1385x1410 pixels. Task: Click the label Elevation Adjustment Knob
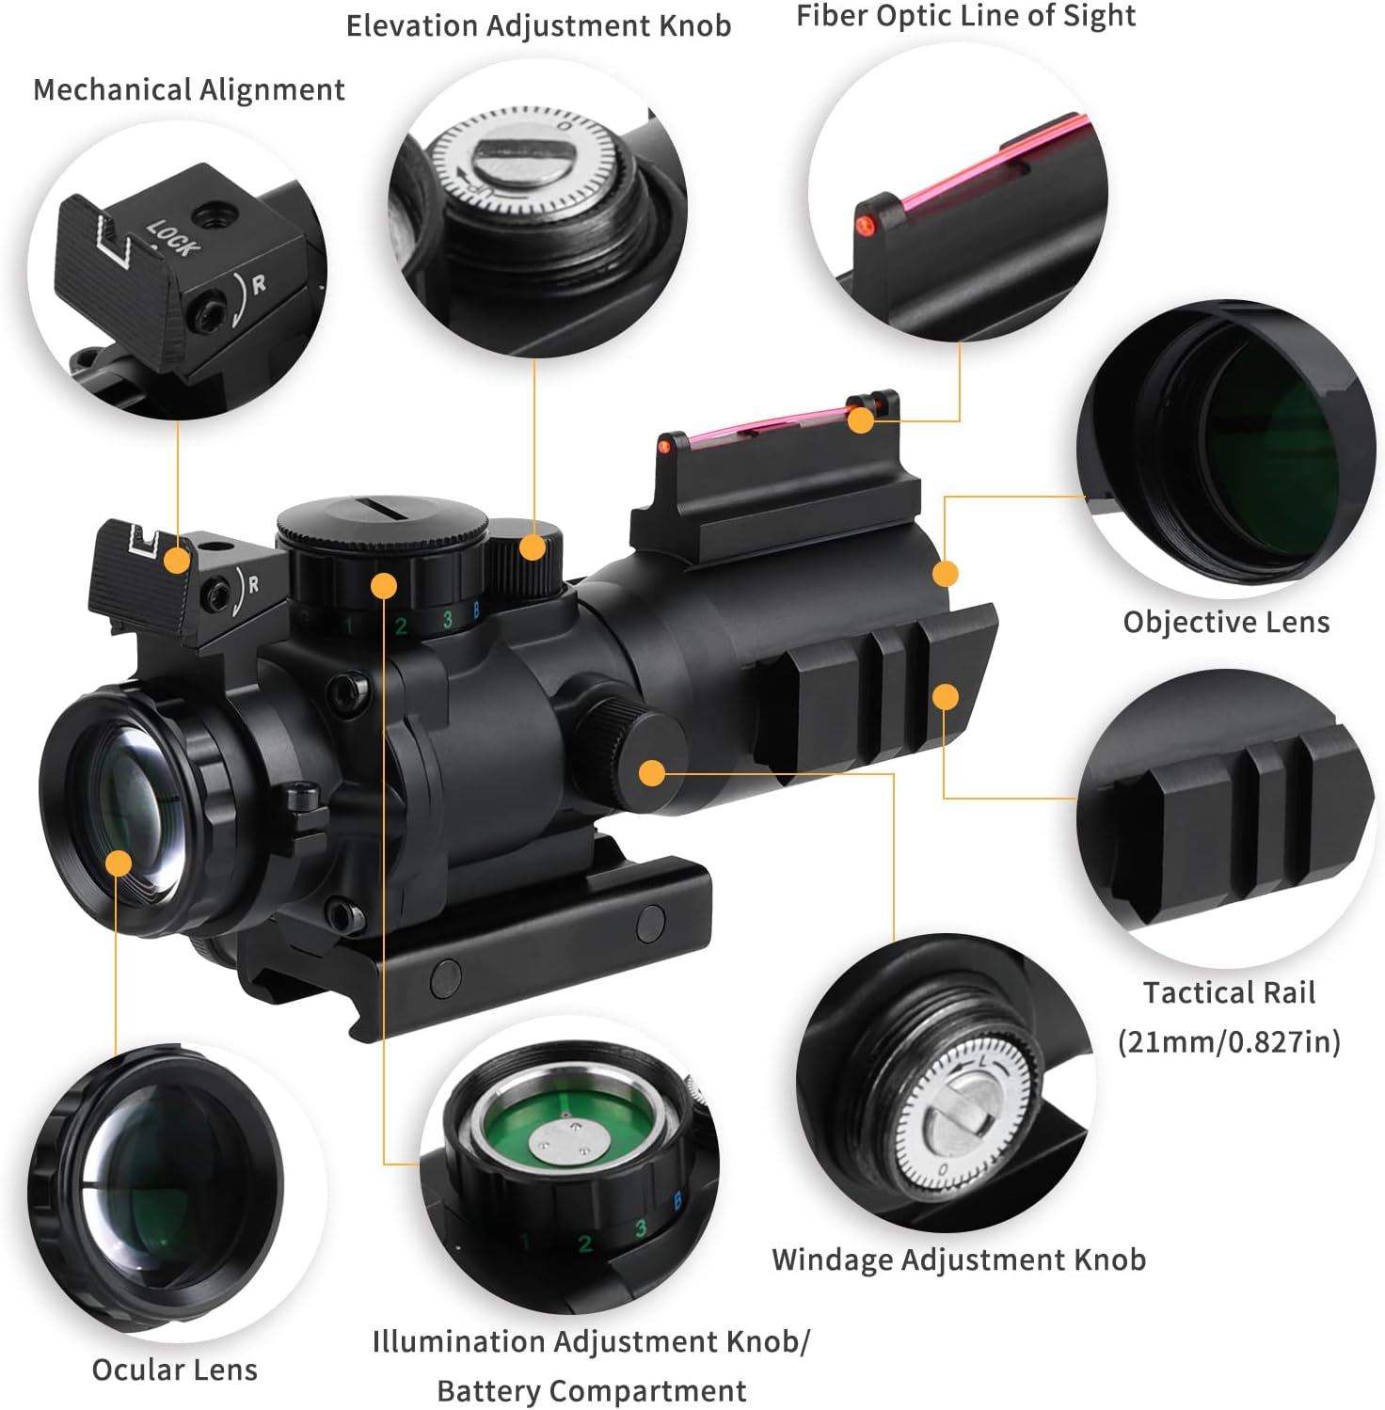point(538,26)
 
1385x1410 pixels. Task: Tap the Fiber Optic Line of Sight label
point(965,16)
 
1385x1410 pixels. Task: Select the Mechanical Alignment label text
point(189,90)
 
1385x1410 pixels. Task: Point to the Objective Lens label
point(1226,622)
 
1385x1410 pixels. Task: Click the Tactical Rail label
point(1229,992)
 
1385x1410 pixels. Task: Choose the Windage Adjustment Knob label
point(959,1259)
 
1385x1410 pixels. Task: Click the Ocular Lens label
point(175,1370)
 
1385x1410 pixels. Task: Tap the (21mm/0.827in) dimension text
point(1229,1041)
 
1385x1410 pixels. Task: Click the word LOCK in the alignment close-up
point(173,238)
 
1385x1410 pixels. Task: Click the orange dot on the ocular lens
point(119,863)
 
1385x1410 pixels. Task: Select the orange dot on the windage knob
point(651,773)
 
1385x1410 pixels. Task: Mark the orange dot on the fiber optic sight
point(860,420)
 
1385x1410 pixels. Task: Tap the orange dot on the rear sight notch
point(177,562)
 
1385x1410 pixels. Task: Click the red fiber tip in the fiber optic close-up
point(863,224)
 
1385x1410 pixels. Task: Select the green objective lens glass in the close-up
point(1270,452)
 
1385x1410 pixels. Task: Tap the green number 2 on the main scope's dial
point(401,626)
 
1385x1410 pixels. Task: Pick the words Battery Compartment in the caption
point(592,1390)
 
